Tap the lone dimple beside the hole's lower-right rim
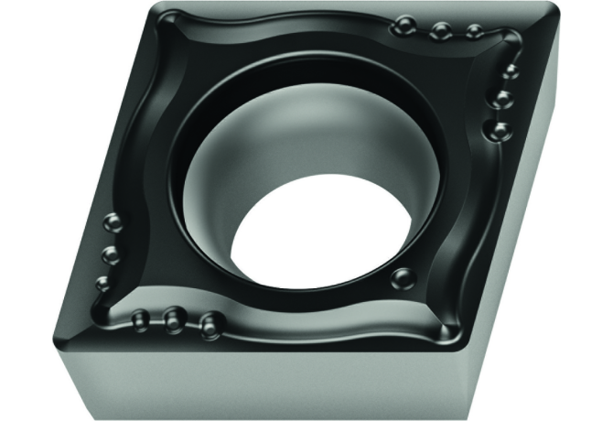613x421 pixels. pyautogui.click(x=399, y=277)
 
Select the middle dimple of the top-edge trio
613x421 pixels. pyautogui.click(x=440, y=31)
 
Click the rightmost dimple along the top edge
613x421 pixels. pyautogui.click(x=473, y=33)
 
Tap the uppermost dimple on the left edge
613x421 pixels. pyautogui.click(x=113, y=221)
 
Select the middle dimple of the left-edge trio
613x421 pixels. pyautogui.click(x=111, y=253)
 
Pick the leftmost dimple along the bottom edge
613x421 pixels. pyautogui.click(x=140, y=318)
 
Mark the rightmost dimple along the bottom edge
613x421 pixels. pyautogui.click(x=210, y=322)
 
